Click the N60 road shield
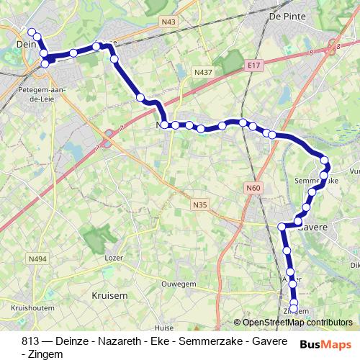tap(251, 189)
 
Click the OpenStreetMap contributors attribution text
tap(297, 322)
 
